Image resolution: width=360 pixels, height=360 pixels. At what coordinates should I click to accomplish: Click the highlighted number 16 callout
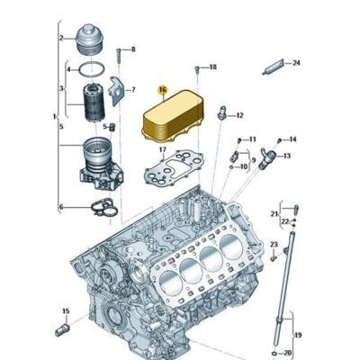click(162, 90)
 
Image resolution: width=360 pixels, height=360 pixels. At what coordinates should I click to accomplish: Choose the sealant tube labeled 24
click(273, 66)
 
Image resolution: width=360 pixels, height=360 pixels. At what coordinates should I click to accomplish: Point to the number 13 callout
click(288, 155)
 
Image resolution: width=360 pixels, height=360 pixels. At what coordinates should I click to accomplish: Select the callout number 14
click(293, 139)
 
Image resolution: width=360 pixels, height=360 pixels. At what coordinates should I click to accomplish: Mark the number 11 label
click(252, 139)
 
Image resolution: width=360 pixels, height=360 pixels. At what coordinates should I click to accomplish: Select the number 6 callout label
click(61, 207)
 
